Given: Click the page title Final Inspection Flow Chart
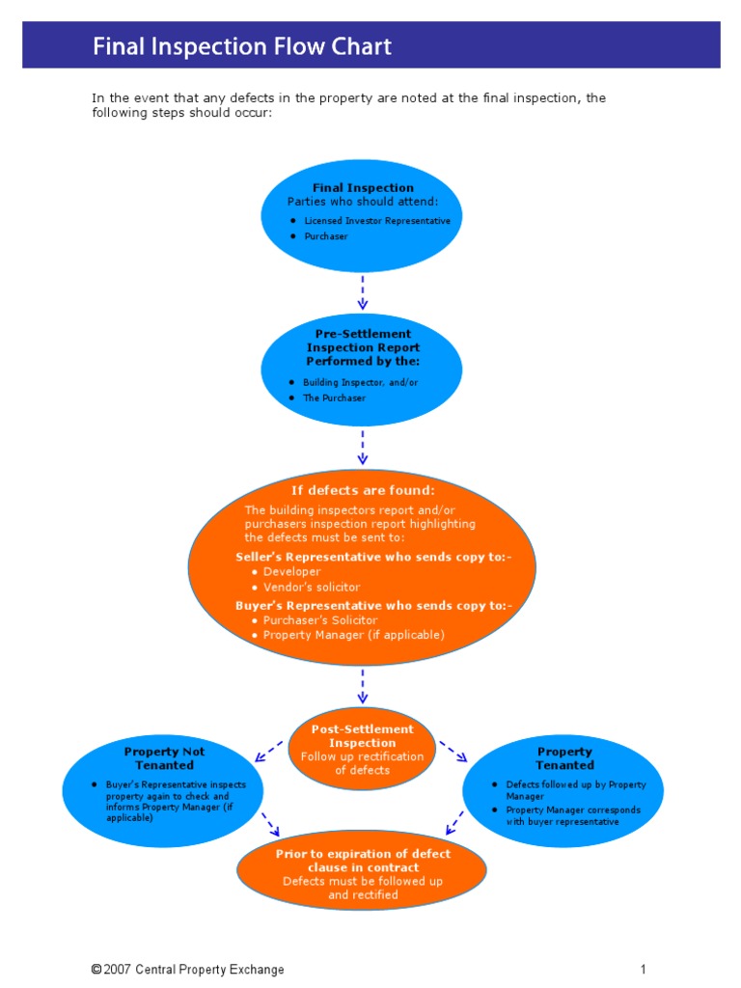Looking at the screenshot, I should (242, 46).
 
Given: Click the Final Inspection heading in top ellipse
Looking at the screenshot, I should (363, 188).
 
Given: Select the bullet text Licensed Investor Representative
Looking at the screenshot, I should (377, 221).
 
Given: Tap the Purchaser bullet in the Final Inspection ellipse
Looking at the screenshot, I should (326, 236).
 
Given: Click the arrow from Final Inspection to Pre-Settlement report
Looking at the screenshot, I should (363, 291).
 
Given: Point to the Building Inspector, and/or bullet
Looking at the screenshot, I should (360, 382).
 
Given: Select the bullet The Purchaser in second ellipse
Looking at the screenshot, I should (334, 398).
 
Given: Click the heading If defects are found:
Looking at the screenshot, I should (363, 491).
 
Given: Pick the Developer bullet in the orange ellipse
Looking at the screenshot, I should (291, 572).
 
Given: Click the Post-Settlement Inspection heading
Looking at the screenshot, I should (362, 736).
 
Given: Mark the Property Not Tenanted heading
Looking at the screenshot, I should (164, 758).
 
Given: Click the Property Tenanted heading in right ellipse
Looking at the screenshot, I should (564, 758).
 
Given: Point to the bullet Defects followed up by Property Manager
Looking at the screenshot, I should (575, 790).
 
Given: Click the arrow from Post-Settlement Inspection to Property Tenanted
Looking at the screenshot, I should (453, 751).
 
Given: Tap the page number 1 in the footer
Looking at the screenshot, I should (642, 970).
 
